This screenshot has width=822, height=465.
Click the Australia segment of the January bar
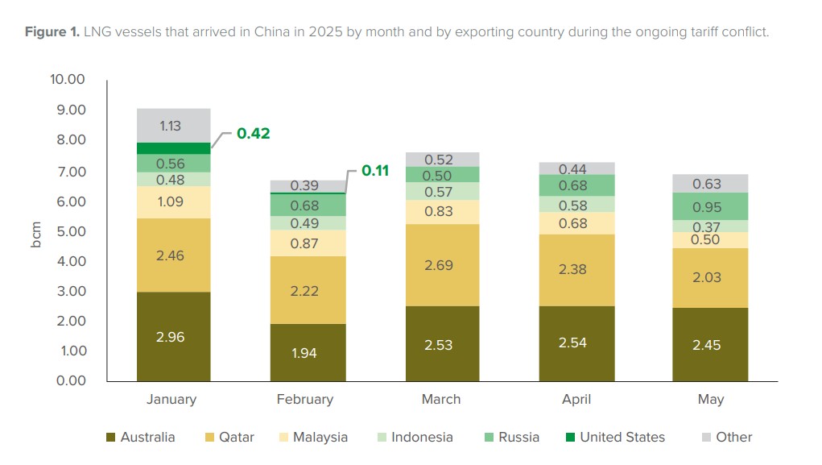[x=173, y=337]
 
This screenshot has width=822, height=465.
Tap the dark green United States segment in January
[x=173, y=148]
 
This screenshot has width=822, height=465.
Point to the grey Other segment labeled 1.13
[x=173, y=125]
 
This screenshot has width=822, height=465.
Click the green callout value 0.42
[x=253, y=134]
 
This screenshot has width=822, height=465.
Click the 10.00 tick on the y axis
[x=68, y=80]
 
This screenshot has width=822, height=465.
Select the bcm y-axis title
[x=36, y=231]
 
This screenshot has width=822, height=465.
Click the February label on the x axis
[x=304, y=400]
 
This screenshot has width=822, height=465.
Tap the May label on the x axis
[x=711, y=400]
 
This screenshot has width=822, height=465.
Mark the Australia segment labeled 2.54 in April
[x=576, y=343]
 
